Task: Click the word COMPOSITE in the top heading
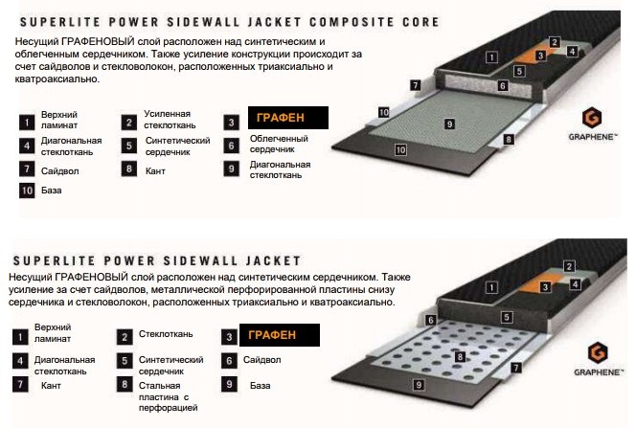pos(352,22)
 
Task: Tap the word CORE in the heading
pos(420,22)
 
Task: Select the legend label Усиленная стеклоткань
pos(170,120)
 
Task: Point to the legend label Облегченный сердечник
pos(279,144)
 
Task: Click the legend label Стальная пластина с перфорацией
pos(168,396)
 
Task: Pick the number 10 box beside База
pos(27,191)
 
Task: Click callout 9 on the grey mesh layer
pos(449,124)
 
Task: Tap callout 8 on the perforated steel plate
pos(460,356)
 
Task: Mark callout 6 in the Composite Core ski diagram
pos(503,85)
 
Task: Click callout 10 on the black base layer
pos(400,150)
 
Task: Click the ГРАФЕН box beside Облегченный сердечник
pos(288,118)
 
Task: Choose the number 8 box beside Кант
pos(129,169)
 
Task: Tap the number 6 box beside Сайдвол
pos(229,360)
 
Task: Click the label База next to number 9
pos(260,386)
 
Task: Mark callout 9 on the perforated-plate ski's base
pos(419,384)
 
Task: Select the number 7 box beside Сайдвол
pos(27,169)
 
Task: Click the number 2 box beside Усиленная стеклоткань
pos(129,122)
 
